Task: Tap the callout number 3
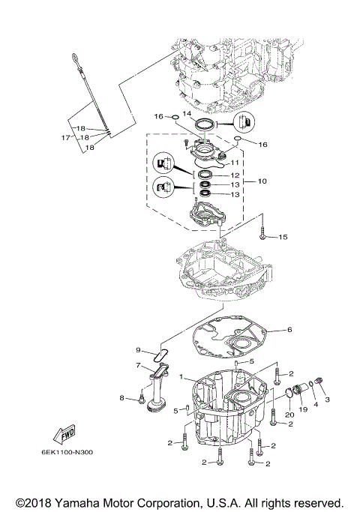tap(327, 400)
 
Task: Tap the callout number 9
tap(138, 350)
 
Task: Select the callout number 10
tap(262, 181)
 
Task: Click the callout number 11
tap(235, 161)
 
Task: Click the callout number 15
tap(283, 237)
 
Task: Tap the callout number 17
tap(65, 138)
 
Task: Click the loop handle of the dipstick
tap(78, 57)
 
